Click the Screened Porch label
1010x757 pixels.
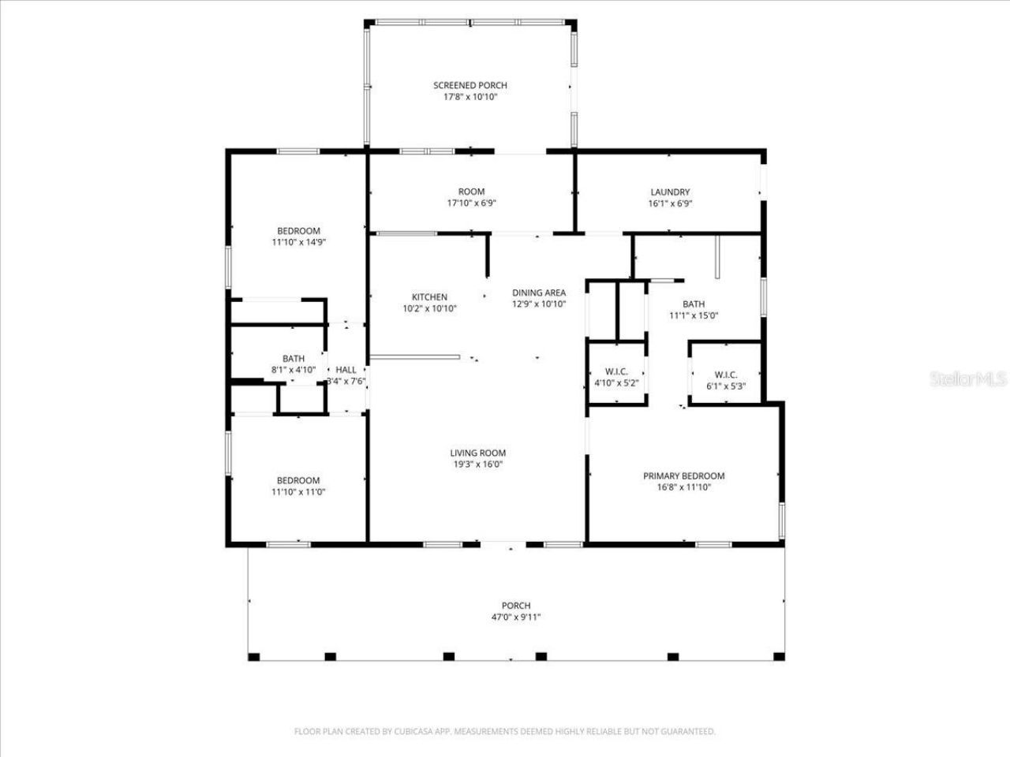point(470,85)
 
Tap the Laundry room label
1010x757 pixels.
point(670,192)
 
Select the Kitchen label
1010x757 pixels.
point(429,297)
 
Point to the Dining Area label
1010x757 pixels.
point(539,293)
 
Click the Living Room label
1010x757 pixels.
point(477,453)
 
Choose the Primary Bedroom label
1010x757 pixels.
point(683,475)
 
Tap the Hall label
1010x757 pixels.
point(346,370)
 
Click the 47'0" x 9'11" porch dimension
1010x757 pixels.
point(516,617)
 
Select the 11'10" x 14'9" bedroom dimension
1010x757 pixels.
point(298,243)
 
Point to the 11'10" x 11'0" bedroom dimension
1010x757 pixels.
point(298,492)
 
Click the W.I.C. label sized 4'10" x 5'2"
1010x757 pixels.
point(616,371)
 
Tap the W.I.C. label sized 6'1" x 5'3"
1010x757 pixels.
point(725,375)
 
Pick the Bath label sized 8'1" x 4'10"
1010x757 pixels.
point(294,359)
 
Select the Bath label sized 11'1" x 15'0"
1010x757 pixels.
point(694,304)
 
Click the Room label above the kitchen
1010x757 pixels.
point(471,192)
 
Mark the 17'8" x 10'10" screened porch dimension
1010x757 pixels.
point(470,97)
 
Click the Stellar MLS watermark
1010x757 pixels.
point(968,379)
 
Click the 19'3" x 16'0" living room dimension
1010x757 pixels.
point(477,464)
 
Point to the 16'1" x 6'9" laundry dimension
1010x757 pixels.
point(670,203)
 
